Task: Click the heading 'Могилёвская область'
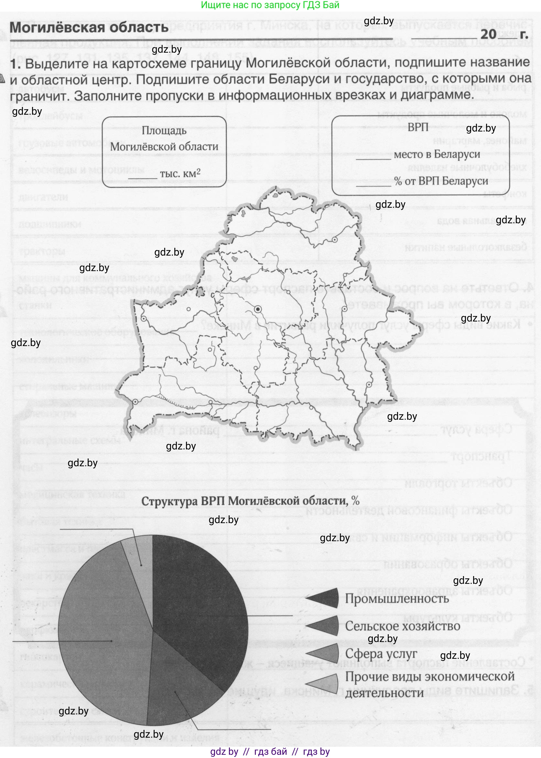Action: click(x=89, y=27)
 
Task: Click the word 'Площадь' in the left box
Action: click(x=164, y=131)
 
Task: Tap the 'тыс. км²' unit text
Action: click(x=180, y=174)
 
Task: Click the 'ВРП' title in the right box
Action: click(x=418, y=127)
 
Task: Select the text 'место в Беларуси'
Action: click(x=437, y=154)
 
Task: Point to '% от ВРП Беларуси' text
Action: click(x=441, y=181)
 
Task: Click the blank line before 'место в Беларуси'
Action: click(x=373, y=159)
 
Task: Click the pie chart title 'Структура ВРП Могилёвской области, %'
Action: click(x=250, y=501)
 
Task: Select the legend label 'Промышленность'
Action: click(x=397, y=598)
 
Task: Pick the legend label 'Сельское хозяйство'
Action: click(x=402, y=626)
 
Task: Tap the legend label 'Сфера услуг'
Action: click(x=381, y=653)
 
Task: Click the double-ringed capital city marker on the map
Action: click(x=257, y=309)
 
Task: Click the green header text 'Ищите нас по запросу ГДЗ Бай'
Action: click(x=270, y=5)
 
